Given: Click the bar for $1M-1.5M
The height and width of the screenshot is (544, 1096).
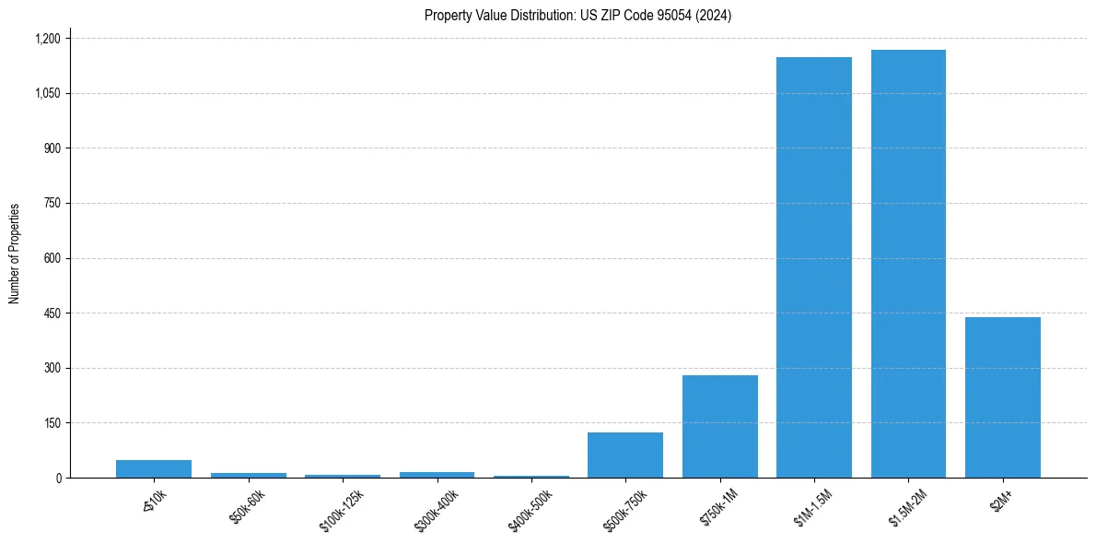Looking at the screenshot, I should point(813,267).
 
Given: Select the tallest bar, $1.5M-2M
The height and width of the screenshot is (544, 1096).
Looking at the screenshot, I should point(908,264).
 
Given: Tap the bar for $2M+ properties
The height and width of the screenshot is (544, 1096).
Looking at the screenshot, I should point(1002,397).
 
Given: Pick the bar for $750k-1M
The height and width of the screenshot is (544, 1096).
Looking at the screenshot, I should point(719,426).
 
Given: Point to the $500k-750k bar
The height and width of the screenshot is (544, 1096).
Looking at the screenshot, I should point(625,455).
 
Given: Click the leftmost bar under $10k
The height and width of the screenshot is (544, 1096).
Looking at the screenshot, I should point(154,468).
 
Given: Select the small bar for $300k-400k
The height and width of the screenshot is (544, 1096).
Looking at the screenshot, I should point(437,474).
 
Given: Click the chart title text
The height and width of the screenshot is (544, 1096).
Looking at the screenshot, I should point(577,16).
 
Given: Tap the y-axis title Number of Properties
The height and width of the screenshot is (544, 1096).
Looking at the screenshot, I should point(15,254).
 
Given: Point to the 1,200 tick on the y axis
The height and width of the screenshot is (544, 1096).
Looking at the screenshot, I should point(47,39).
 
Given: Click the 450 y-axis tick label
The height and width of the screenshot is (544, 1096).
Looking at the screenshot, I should point(52,313).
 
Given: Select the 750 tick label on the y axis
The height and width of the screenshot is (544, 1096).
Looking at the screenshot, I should point(52,204).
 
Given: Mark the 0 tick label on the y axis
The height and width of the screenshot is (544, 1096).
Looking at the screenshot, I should point(58,479).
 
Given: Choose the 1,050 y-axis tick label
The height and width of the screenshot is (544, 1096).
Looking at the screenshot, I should point(47,94).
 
